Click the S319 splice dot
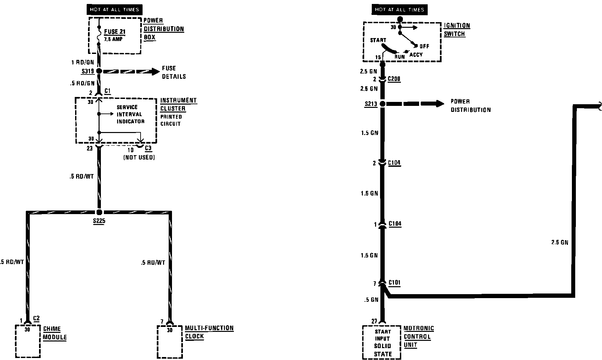point(99,71)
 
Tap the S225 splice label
point(99,221)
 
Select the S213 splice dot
point(382,104)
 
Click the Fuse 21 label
point(115,32)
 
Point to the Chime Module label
point(55,333)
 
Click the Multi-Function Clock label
point(209,332)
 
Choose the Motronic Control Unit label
point(418,337)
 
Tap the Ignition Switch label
point(456,30)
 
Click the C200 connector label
point(394,79)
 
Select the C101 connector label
point(394,283)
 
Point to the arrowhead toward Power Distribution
point(440,104)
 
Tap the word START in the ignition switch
point(378,40)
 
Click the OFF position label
point(424,46)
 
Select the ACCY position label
point(416,55)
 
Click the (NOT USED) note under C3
point(139,157)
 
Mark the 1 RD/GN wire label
point(83,62)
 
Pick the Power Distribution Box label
point(163,29)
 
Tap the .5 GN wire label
point(371,300)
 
